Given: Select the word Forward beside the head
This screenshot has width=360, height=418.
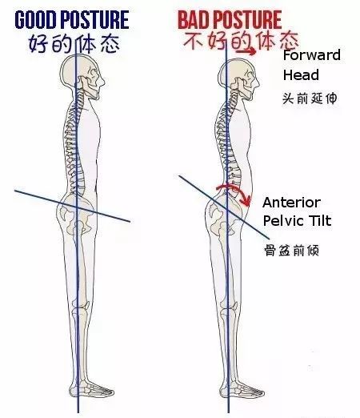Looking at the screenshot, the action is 311,55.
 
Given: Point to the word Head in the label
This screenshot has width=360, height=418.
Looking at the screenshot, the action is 301,74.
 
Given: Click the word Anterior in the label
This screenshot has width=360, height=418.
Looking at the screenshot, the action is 291,203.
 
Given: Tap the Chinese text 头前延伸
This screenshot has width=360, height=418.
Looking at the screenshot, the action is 310,98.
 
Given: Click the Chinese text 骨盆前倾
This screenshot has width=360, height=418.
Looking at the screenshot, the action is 291,251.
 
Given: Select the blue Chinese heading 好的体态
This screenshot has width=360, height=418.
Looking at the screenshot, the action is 74,44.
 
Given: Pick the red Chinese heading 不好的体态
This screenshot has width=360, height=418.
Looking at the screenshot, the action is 241,42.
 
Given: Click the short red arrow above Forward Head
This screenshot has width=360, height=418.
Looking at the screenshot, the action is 246,51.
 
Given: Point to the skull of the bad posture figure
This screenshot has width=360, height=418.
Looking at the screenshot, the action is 238,76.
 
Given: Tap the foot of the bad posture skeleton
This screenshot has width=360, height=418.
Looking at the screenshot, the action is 242,391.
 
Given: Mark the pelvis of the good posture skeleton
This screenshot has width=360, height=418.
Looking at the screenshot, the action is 76,214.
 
